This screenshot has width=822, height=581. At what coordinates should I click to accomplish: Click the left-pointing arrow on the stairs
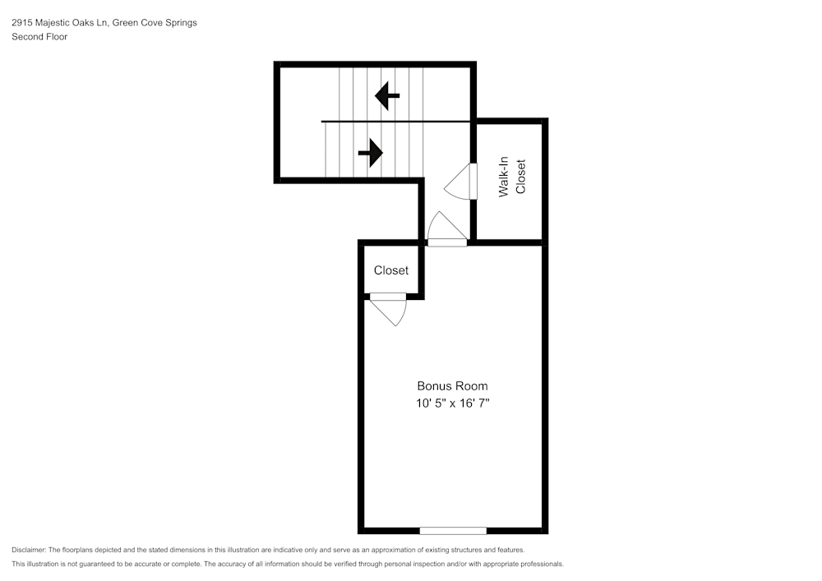387,96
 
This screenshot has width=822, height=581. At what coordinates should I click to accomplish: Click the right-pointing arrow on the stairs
371,152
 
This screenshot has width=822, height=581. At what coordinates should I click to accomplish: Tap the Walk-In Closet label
511,177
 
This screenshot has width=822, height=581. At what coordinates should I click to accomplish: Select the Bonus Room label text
452,385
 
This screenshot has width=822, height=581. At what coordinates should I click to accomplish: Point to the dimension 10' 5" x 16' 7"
452,403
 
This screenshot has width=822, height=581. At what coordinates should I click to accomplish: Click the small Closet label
391,270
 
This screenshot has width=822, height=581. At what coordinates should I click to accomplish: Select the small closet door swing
391,310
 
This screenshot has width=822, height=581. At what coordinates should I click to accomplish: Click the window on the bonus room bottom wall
453,530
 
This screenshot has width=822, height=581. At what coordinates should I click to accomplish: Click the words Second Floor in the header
39,37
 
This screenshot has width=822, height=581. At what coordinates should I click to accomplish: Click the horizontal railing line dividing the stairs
395,122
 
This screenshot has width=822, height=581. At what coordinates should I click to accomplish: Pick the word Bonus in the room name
432,385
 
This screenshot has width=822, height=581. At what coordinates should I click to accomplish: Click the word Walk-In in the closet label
504,177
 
